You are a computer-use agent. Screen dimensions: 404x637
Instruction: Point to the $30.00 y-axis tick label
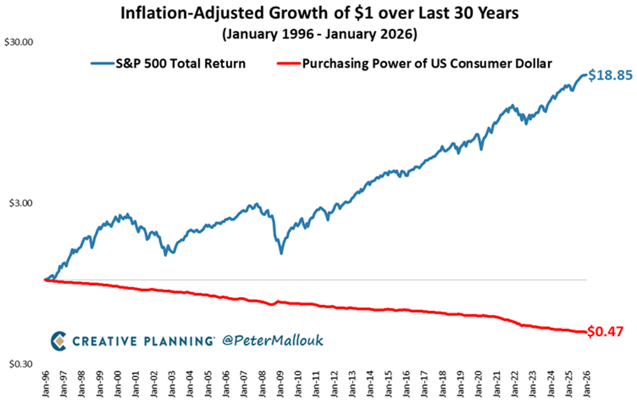pos(20,42)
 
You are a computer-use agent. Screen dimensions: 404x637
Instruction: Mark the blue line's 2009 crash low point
pos(281,253)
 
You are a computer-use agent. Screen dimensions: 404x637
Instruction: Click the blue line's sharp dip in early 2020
pos(481,149)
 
